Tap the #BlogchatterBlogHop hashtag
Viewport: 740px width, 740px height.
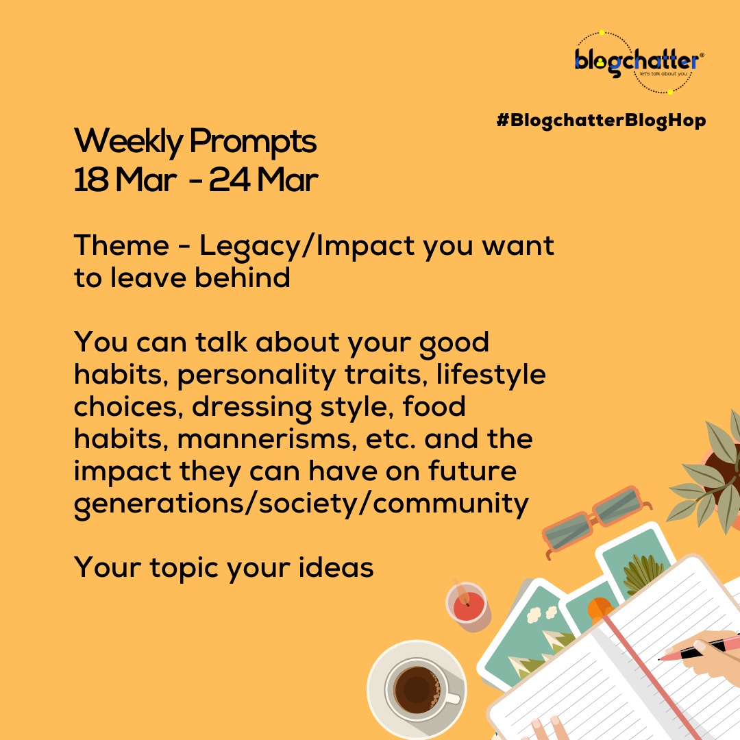(x=600, y=121)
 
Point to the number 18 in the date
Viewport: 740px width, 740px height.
(x=90, y=180)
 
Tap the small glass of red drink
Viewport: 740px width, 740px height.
(x=467, y=604)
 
